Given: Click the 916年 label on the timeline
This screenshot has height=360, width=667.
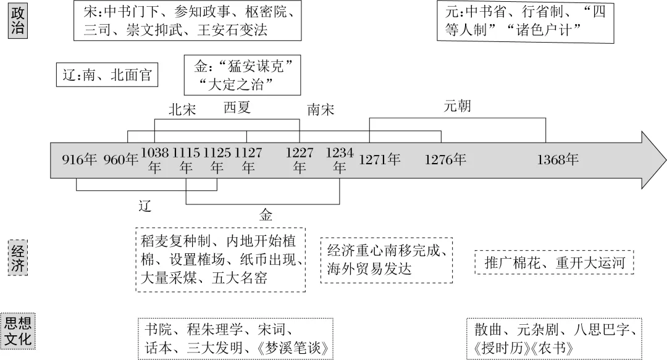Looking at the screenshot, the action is [x=80, y=161].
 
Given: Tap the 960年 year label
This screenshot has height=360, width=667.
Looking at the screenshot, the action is [x=122, y=161].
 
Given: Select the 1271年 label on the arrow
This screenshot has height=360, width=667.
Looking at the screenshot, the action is [x=380, y=161].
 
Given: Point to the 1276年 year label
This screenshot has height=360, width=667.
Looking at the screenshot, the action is [x=445, y=161].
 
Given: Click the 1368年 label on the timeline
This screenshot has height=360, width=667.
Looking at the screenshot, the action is [x=558, y=161].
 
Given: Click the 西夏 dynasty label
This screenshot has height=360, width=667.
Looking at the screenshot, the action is [x=237, y=108].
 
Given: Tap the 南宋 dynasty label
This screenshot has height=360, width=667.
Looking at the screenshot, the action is [x=321, y=110].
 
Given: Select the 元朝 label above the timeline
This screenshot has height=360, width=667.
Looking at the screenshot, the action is [x=458, y=106].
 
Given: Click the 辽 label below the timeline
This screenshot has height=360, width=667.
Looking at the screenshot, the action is [x=145, y=206].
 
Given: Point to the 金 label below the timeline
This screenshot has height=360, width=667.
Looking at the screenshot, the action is [x=266, y=215].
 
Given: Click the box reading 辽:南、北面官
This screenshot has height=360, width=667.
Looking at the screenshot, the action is [x=107, y=75].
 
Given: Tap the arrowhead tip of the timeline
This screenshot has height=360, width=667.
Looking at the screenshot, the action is [x=662, y=161].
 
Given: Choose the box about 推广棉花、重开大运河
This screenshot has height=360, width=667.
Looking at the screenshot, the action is [x=554, y=263].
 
